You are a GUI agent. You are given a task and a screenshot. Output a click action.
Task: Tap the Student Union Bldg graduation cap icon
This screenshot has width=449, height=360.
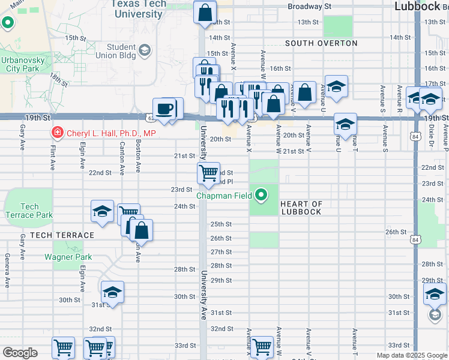144,50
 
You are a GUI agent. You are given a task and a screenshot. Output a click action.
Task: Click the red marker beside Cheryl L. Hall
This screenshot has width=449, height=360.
57,133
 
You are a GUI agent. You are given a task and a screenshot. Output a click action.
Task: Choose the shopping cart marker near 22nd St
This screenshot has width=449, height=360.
208,173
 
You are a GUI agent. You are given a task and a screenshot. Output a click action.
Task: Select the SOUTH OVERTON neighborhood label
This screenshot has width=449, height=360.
321,43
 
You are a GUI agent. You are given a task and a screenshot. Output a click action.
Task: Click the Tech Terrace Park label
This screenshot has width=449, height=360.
28,211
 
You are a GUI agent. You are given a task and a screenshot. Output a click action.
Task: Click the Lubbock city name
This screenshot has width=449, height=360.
418,6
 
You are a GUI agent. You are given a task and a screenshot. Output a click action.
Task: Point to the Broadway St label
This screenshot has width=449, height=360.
309,7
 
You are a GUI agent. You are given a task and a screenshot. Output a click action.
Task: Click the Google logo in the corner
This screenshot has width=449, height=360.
20,353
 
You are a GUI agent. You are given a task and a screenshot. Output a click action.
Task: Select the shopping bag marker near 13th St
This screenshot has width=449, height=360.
205,11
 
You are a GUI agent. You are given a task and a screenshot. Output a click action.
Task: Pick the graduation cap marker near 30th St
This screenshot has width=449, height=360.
112,292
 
